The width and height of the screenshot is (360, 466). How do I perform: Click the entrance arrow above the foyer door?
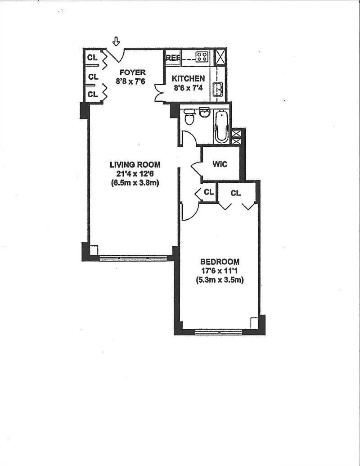pos(117,41)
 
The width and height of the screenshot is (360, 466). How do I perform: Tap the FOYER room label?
pos(132,72)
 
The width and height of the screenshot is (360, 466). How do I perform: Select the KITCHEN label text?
pos(188,79)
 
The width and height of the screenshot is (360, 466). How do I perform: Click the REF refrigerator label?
pos(173,58)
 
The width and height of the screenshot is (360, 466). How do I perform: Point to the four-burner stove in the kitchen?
pos(202,56)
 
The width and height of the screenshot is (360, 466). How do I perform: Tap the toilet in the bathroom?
pos(189,117)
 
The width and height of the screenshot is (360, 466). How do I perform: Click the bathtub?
pos(221,127)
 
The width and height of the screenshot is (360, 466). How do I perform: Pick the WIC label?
pos(220,164)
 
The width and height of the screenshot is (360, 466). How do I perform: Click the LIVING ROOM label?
pos(135,165)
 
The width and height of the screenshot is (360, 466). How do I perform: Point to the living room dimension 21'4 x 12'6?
pos(135,173)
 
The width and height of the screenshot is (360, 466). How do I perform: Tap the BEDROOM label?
pos(220,262)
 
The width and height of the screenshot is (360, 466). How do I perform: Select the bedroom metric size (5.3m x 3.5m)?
pos(220,280)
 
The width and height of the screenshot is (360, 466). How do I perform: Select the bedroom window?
pos(219,332)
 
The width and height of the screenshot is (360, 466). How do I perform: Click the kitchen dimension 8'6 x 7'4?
pos(188,88)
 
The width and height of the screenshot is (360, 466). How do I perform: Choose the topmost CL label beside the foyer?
pos(92,57)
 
